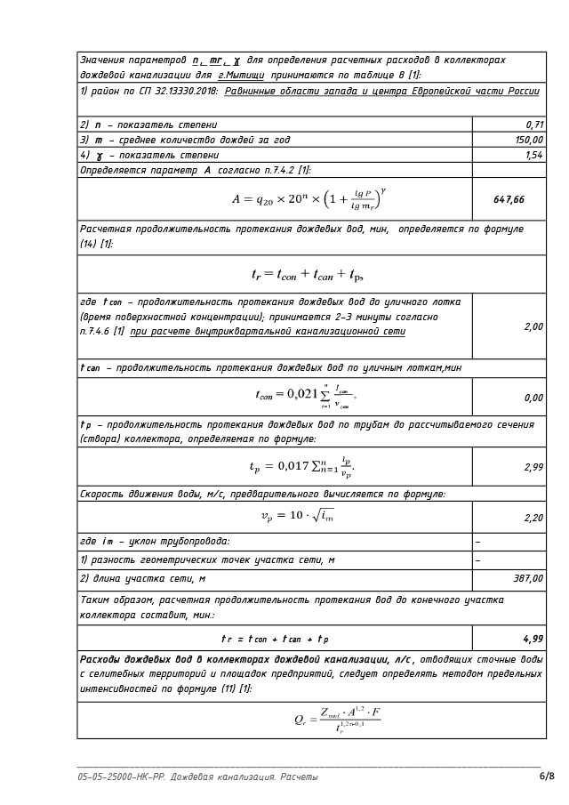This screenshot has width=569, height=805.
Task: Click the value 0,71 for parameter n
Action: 534,125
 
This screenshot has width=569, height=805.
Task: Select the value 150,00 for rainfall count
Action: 529,140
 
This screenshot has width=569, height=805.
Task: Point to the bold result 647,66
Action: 509,199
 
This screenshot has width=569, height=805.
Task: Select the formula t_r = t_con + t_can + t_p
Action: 307,274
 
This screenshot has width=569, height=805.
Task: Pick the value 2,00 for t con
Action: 533,326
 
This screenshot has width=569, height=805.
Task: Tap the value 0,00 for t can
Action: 533,398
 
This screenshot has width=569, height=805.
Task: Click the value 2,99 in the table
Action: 533,467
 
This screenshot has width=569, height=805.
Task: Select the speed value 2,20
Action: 533,517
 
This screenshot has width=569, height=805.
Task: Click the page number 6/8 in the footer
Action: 546,777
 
